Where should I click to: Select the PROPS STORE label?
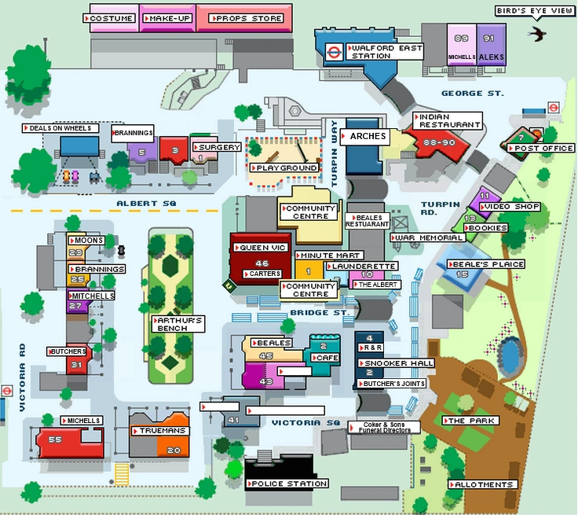244,18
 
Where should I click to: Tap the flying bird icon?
539,34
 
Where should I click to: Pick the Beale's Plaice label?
485,264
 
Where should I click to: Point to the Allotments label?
483,484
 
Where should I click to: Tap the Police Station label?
287,484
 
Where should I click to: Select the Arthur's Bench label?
179,325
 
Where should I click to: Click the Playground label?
284,167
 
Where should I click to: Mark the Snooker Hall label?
397,364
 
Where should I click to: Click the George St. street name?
472,94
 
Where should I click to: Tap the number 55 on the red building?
55,440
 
